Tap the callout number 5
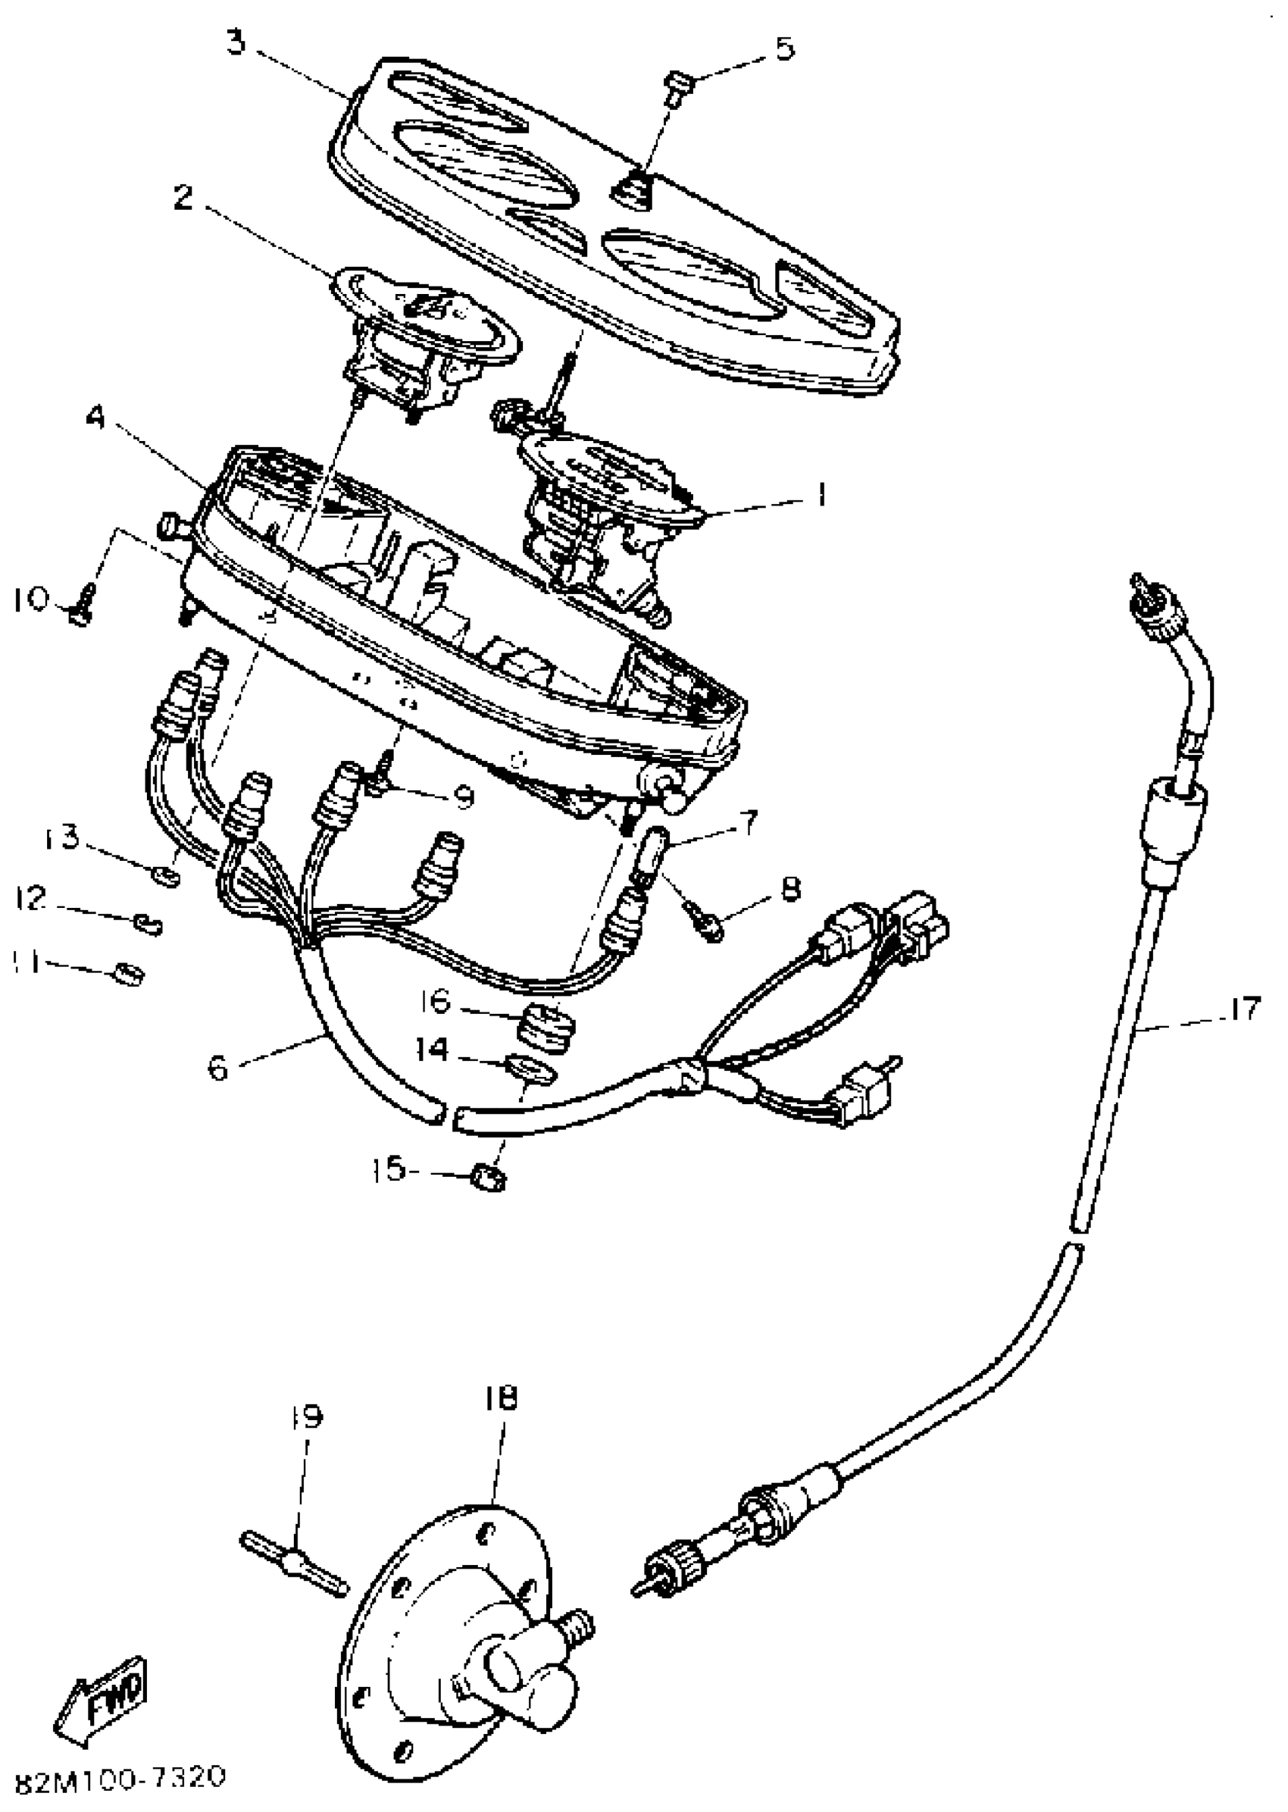pos(783,49)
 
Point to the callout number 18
pos(501,1399)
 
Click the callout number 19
pos(306,1417)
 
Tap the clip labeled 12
pos(149,922)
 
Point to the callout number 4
pos(96,418)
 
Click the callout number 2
pos(183,198)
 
